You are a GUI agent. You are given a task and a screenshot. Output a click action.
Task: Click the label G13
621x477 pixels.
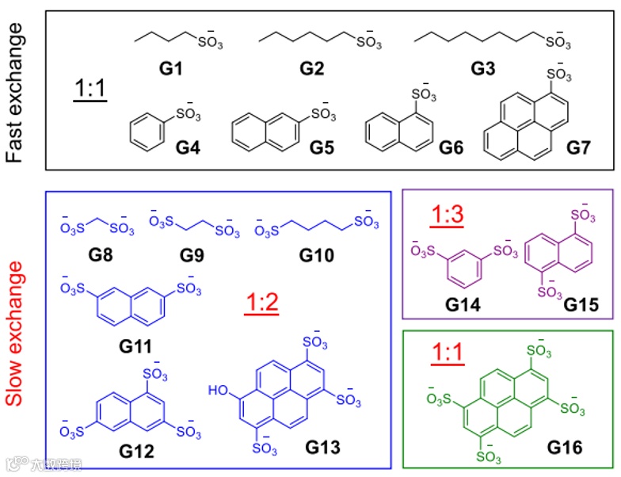(322, 448)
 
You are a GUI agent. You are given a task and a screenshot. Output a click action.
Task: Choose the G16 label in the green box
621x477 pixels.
(563, 448)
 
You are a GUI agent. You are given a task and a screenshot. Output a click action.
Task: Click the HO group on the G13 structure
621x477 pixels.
(218, 390)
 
